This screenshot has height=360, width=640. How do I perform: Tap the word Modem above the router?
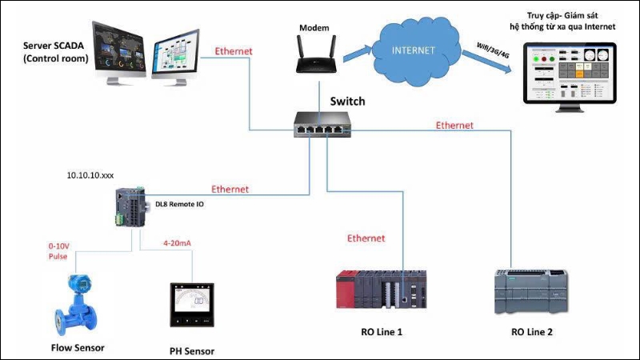coord(314,28)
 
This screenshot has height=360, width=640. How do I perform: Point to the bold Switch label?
coord(347,102)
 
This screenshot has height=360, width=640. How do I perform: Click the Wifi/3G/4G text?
coord(489,58)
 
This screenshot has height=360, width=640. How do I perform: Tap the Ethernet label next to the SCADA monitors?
coord(234,51)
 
